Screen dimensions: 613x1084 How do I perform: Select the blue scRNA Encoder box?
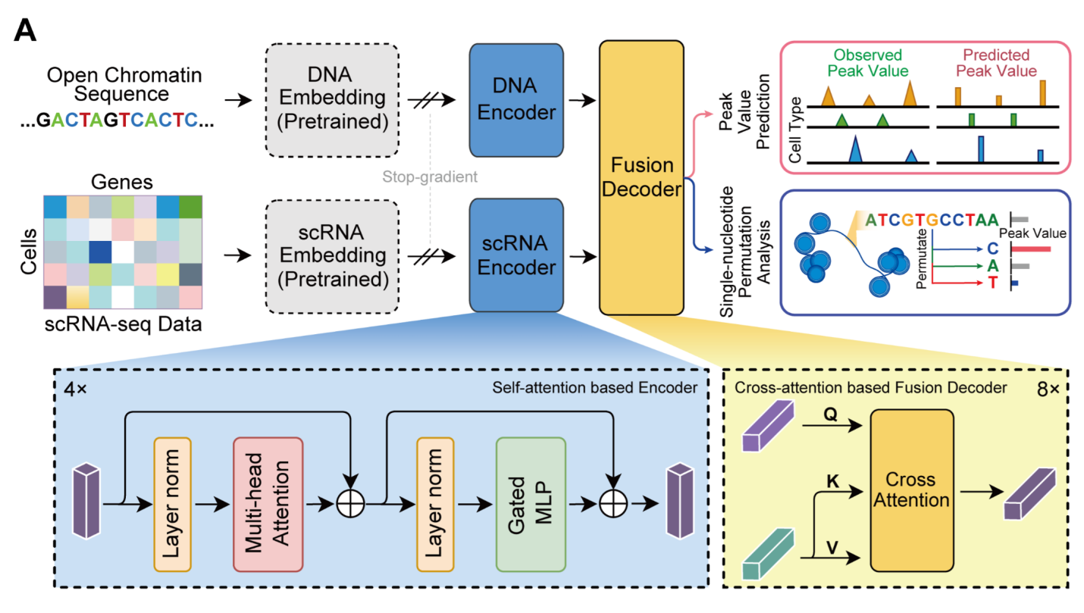[516, 255]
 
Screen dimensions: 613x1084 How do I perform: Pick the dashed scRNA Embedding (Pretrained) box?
[333, 255]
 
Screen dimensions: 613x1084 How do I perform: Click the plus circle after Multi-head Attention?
[350, 503]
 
